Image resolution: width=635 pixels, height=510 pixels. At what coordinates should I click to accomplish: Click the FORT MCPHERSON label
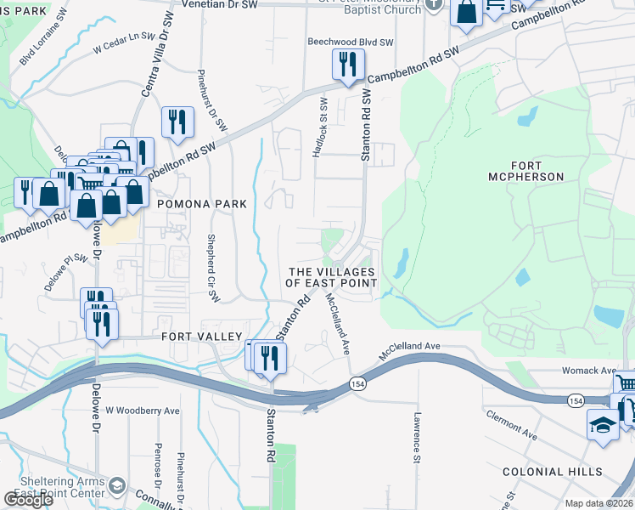(x=526, y=170)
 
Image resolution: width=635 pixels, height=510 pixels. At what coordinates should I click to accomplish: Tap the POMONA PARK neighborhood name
(x=201, y=204)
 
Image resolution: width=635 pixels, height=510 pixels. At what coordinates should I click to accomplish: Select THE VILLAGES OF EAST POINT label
(x=331, y=276)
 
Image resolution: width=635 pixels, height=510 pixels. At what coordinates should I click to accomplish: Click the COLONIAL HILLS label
(x=552, y=472)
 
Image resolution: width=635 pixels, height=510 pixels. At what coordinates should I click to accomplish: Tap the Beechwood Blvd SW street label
(x=350, y=42)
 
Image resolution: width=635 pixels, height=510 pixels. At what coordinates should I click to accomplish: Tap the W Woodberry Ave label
(x=143, y=410)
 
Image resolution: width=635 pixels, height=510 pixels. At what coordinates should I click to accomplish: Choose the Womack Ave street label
(x=588, y=371)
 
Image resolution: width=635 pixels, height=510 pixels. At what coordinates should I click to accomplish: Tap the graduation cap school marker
(x=603, y=424)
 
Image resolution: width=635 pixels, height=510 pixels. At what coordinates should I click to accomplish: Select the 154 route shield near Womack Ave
(x=576, y=399)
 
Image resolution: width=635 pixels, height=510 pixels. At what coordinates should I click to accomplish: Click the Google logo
(x=29, y=500)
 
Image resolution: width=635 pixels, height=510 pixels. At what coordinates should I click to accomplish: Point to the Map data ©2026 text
(x=599, y=503)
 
